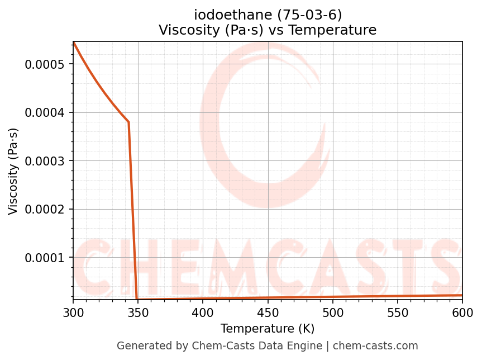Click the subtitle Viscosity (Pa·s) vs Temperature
click(x=268, y=30)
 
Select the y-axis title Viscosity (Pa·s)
click(x=13, y=171)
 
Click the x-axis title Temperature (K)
click(x=268, y=328)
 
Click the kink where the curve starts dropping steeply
click(x=128, y=122)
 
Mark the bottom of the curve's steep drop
click(x=137, y=300)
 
